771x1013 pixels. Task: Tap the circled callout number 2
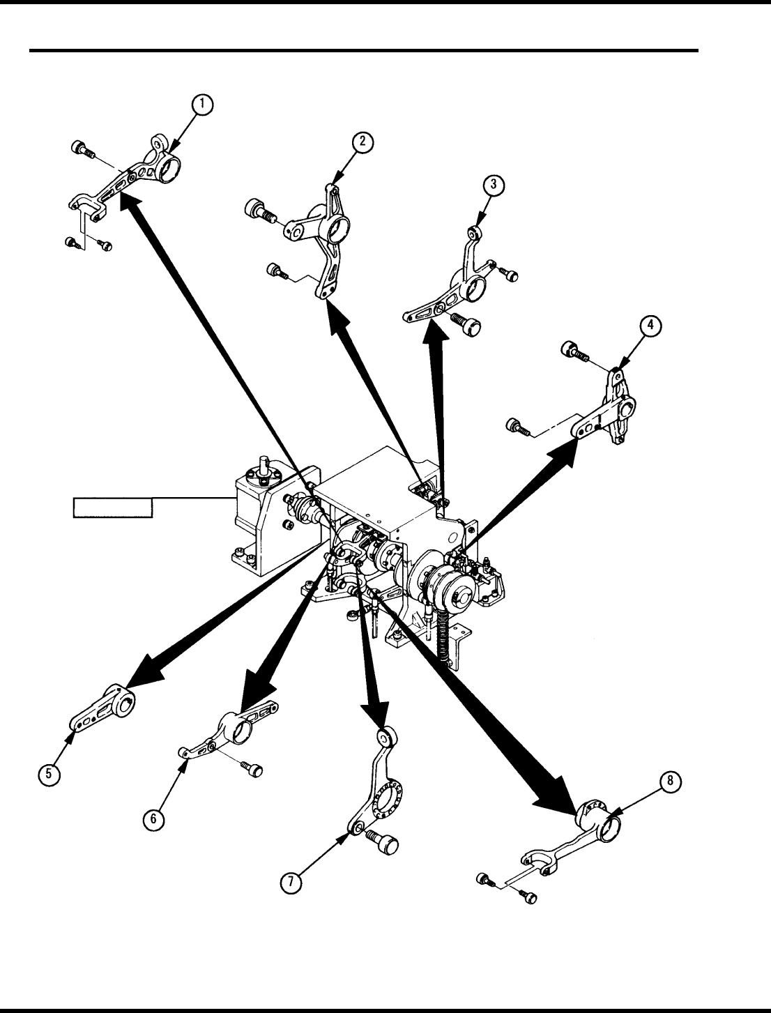click(x=362, y=143)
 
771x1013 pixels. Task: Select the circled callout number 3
click(x=493, y=185)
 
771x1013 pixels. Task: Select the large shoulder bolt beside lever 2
click(x=259, y=209)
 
